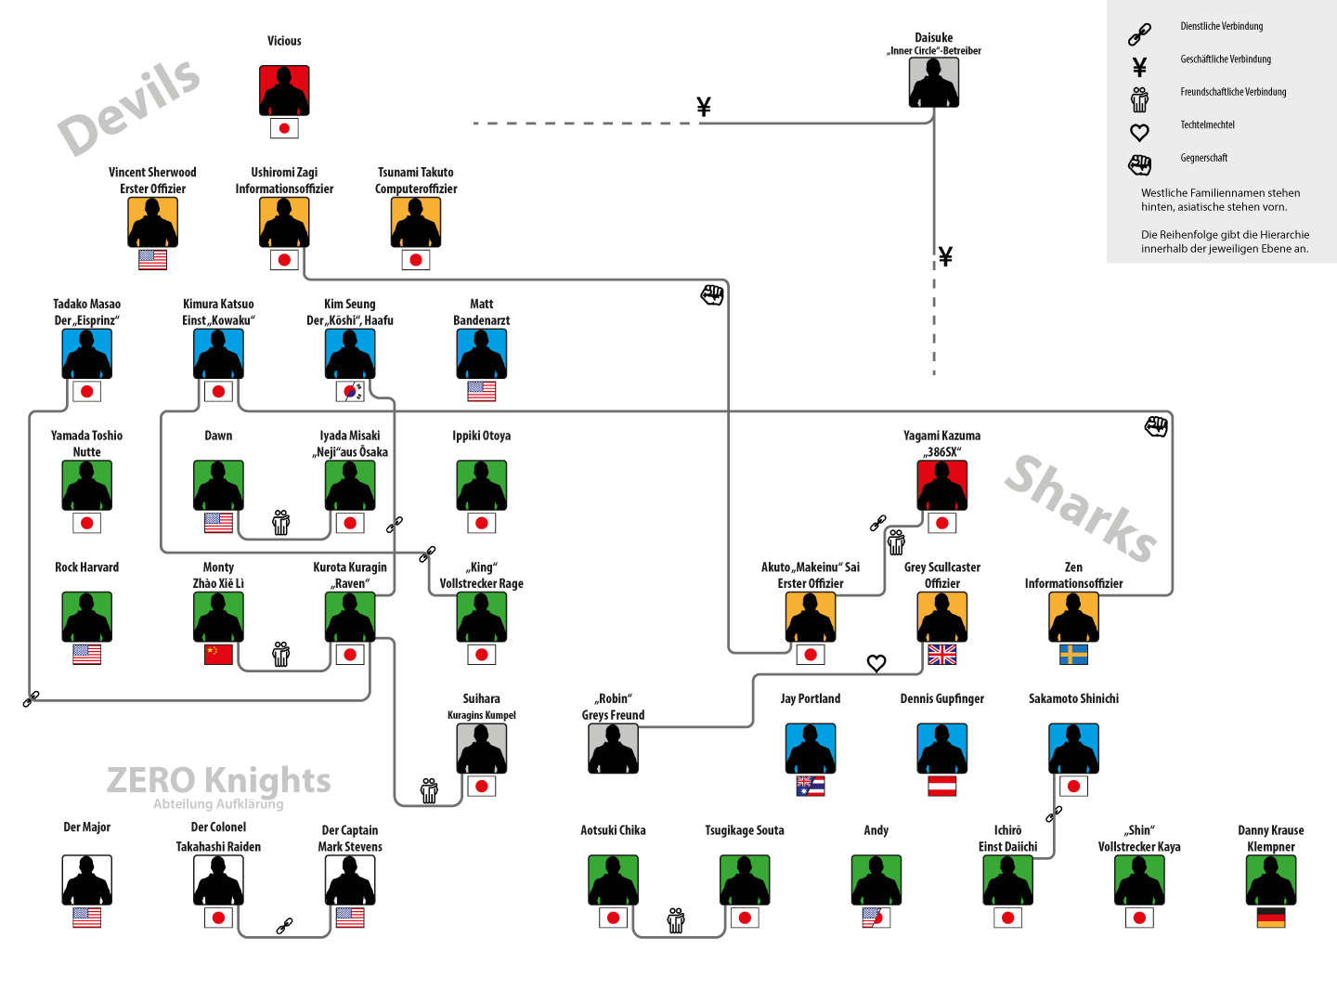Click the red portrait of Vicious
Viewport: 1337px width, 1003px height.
click(x=284, y=90)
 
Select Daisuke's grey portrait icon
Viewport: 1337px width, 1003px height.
click(x=933, y=82)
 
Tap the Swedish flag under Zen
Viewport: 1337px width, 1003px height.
click(x=1073, y=655)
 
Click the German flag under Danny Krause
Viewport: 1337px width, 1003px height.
click(x=1271, y=918)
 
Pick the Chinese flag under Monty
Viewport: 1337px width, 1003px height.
click(x=218, y=655)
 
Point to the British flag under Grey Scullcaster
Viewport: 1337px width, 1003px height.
click(x=941, y=655)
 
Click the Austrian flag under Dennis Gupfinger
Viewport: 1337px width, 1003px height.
click(x=941, y=787)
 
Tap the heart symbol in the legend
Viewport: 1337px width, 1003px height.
click(x=1139, y=132)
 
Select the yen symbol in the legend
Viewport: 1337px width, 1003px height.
click(x=1139, y=66)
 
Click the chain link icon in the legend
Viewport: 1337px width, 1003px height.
click(x=1139, y=34)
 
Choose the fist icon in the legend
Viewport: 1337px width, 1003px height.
click(x=1139, y=164)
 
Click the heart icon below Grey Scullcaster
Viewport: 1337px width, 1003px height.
click(x=876, y=663)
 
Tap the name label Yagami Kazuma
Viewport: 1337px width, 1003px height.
click(x=941, y=436)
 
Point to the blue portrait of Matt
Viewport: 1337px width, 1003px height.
click(x=481, y=354)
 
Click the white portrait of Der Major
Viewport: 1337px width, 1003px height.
click(x=86, y=879)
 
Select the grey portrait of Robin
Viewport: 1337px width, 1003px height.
click(x=613, y=748)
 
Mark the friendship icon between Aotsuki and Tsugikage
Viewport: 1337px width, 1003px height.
click(x=676, y=920)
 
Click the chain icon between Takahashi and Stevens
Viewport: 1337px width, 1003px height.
click(x=284, y=926)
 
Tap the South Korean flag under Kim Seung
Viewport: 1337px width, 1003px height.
click(x=350, y=392)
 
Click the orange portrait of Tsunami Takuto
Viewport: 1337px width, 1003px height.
click(x=416, y=222)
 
